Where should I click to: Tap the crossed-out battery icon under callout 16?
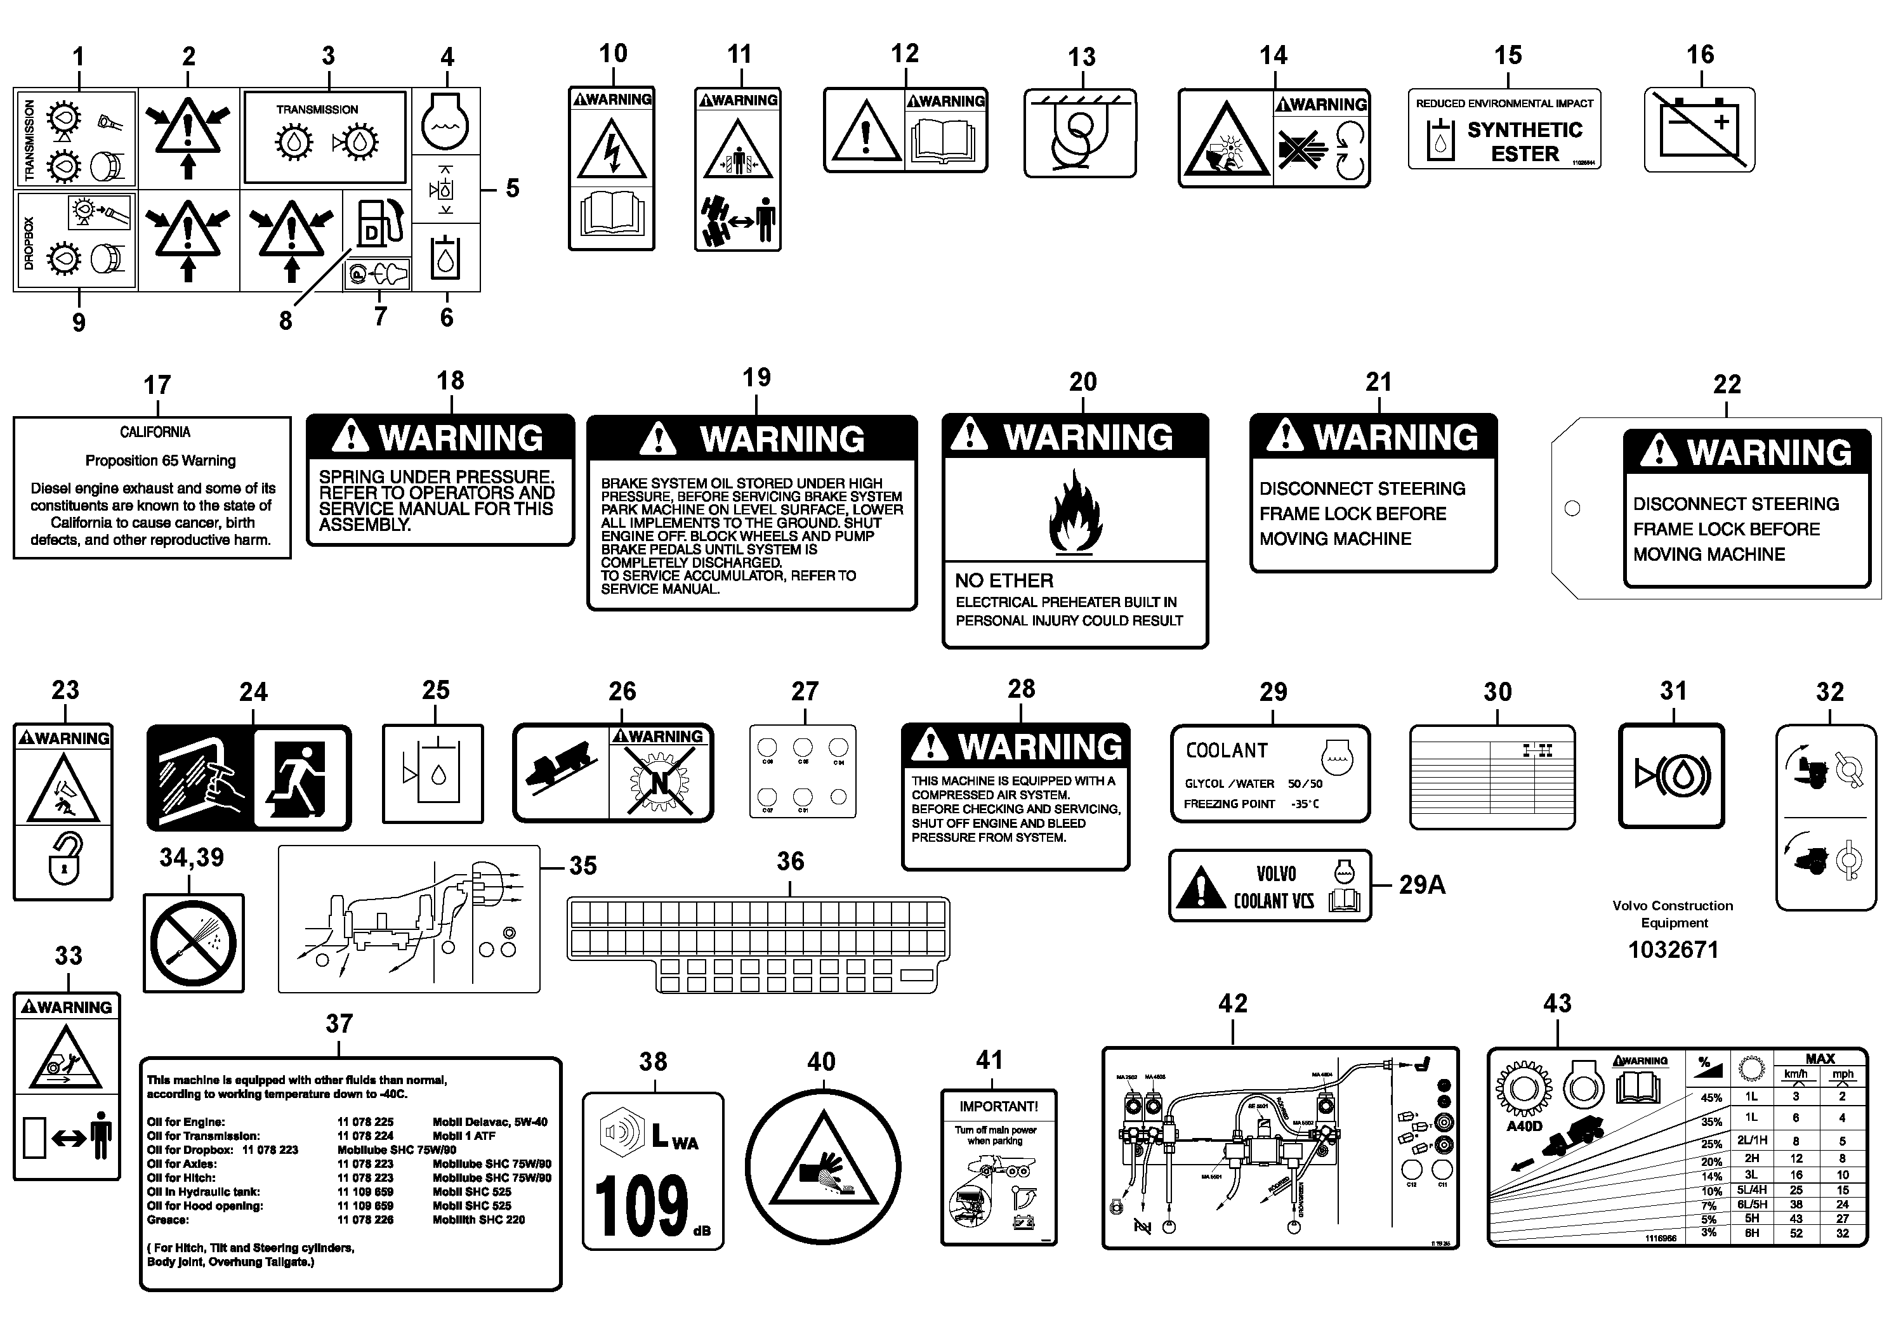pos(1700,130)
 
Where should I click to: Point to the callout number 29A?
pos(1422,885)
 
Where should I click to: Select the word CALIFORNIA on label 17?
pos(155,433)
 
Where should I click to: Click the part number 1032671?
pos(1673,950)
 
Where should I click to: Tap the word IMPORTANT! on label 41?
pos(998,1106)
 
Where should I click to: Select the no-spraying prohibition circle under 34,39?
pos(194,943)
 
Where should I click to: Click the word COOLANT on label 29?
pos(1226,751)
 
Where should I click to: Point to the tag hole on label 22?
pos(1572,508)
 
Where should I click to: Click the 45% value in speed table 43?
pos(1711,1098)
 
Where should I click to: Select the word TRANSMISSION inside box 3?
pos(317,109)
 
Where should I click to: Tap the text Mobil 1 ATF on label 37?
pos(464,1136)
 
